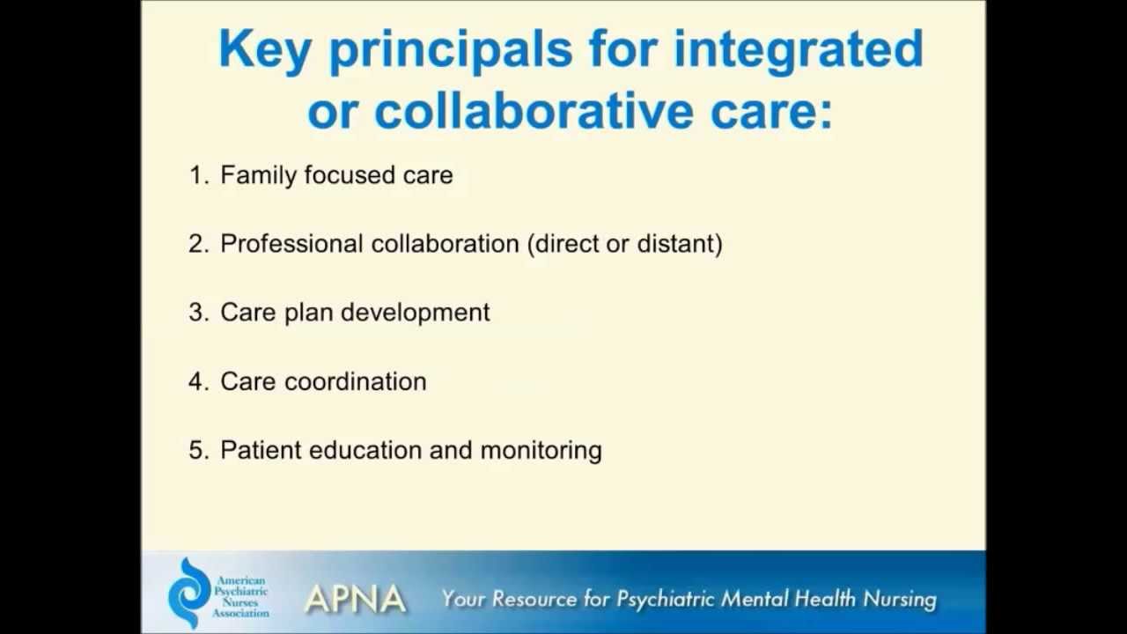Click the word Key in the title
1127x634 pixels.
[x=264, y=49]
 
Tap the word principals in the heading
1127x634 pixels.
[x=450, y=51]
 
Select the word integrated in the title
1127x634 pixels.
[x=798, y=51]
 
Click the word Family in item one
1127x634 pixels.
[x=258, y=175]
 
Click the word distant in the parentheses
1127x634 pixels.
[x=675, y=244]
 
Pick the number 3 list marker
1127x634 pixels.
[x=197, y=313]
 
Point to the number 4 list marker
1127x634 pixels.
[x=197, y=381]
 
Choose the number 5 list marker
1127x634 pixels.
[x=197, y=450]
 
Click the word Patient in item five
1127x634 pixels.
[x=261, y=450]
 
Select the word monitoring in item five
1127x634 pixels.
[x=541, y=450]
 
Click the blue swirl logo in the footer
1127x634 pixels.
[x=190, y=592]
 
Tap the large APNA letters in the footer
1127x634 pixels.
[x=355, y=599]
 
